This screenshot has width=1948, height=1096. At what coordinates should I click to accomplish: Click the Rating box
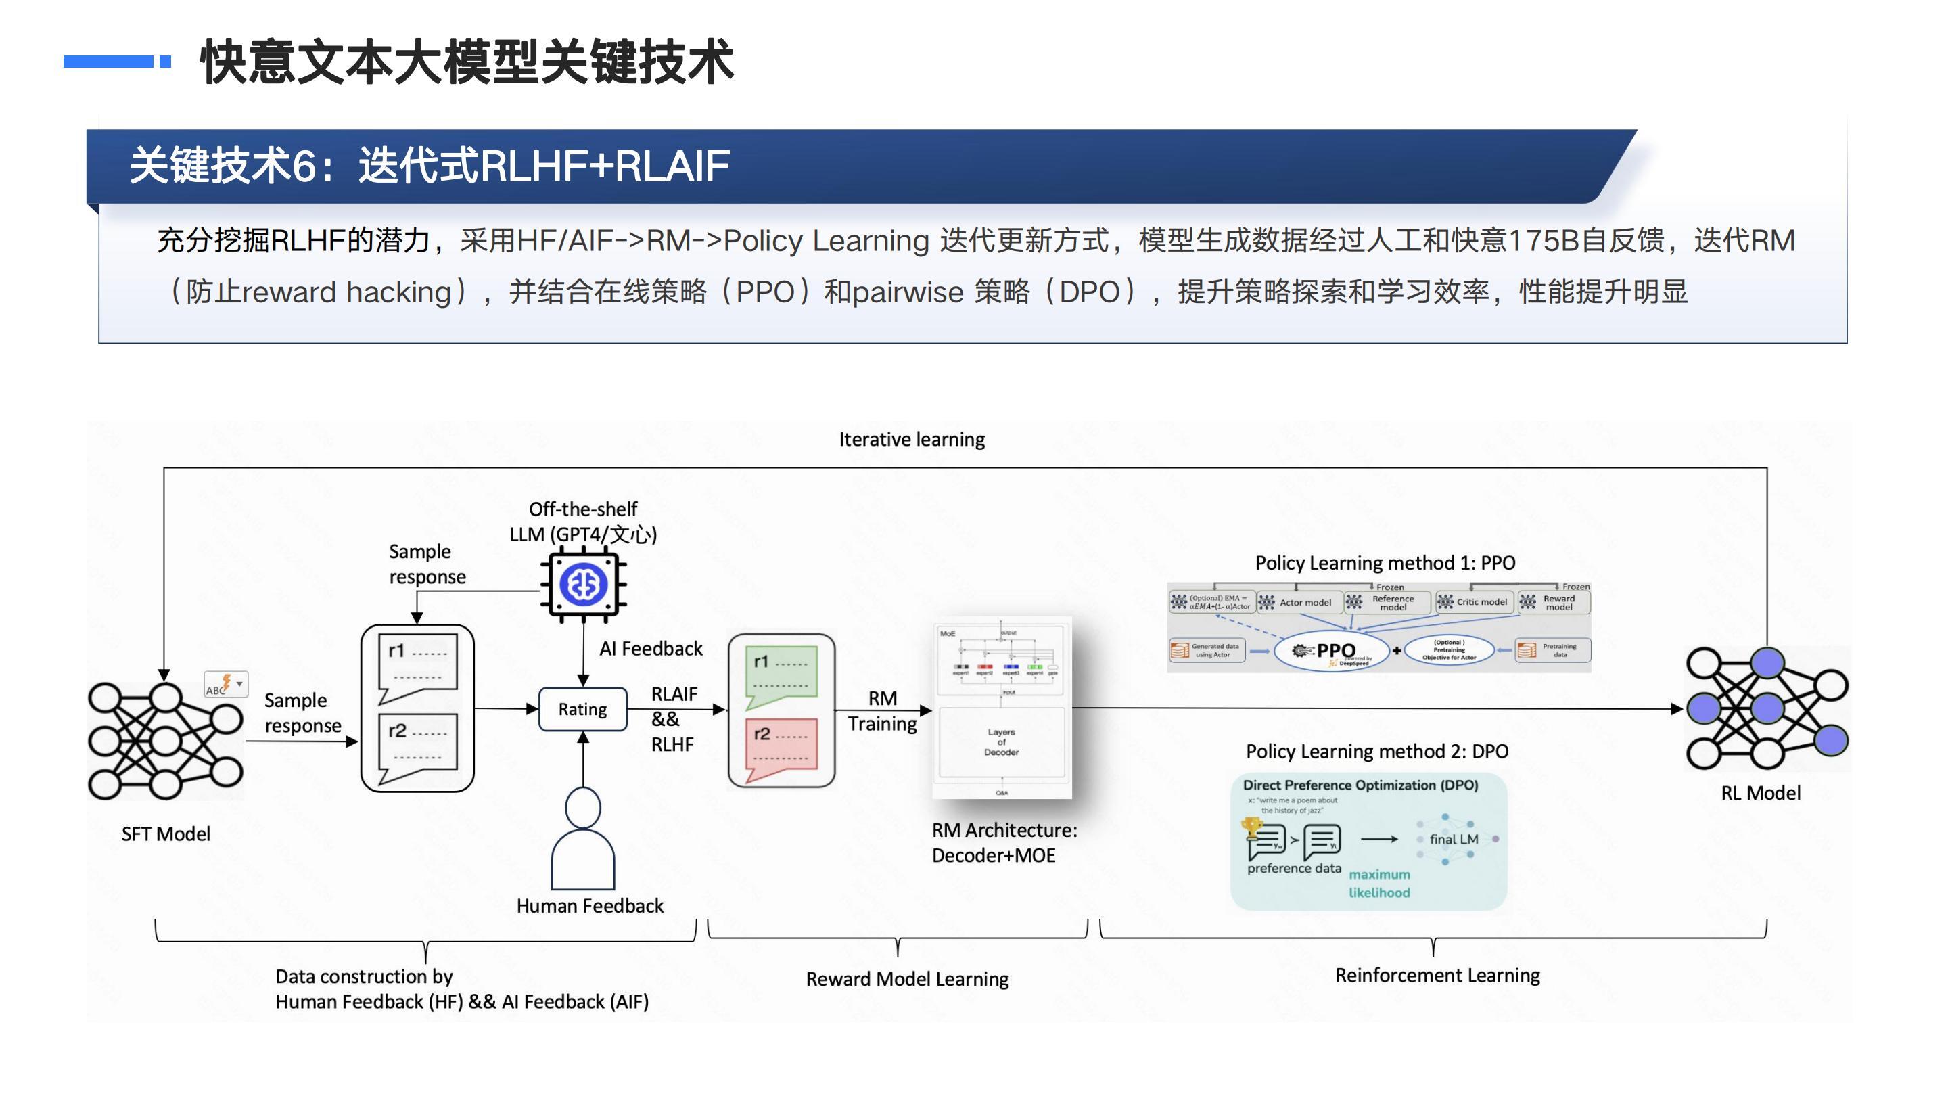[x=582, y=709]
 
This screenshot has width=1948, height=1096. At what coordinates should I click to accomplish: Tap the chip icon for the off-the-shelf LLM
[x=583, y=585]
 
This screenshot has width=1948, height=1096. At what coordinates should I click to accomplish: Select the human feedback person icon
[x=583, y=839]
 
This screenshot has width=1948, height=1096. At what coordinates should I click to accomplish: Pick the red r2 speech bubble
[x=781, y=746]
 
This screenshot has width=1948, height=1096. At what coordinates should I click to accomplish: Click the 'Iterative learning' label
[x=911, y=440]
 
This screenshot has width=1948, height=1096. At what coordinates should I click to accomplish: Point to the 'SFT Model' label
[x=166, y=834]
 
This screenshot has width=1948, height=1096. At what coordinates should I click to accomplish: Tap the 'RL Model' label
[x=1761, y=793]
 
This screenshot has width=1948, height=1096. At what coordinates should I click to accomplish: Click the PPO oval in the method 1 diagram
[x=1332, y=650]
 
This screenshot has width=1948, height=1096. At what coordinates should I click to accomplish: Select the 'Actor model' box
[x=1299, y=602]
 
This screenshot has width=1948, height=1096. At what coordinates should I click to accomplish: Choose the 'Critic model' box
[x=1475, y=602]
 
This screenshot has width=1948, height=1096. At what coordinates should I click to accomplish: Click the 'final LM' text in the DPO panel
[x=1454, y=839]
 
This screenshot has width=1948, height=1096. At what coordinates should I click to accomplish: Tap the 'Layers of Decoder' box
[x=1001, y=742]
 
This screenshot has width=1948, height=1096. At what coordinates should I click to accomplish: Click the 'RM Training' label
[x=882, y=711]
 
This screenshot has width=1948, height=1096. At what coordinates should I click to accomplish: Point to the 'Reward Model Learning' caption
[x=906, y=979]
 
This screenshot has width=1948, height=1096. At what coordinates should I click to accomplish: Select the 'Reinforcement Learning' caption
[x=1437, y=975]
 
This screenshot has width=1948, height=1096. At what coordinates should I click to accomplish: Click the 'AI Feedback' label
[x=650, y=649]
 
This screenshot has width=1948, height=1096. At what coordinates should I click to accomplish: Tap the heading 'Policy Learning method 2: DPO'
[x=1376, y=751]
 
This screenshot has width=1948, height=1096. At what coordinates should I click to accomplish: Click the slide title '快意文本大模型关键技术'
[x=467, y=62]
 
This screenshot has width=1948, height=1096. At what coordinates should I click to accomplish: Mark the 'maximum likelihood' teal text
[x=1379, y=884]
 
